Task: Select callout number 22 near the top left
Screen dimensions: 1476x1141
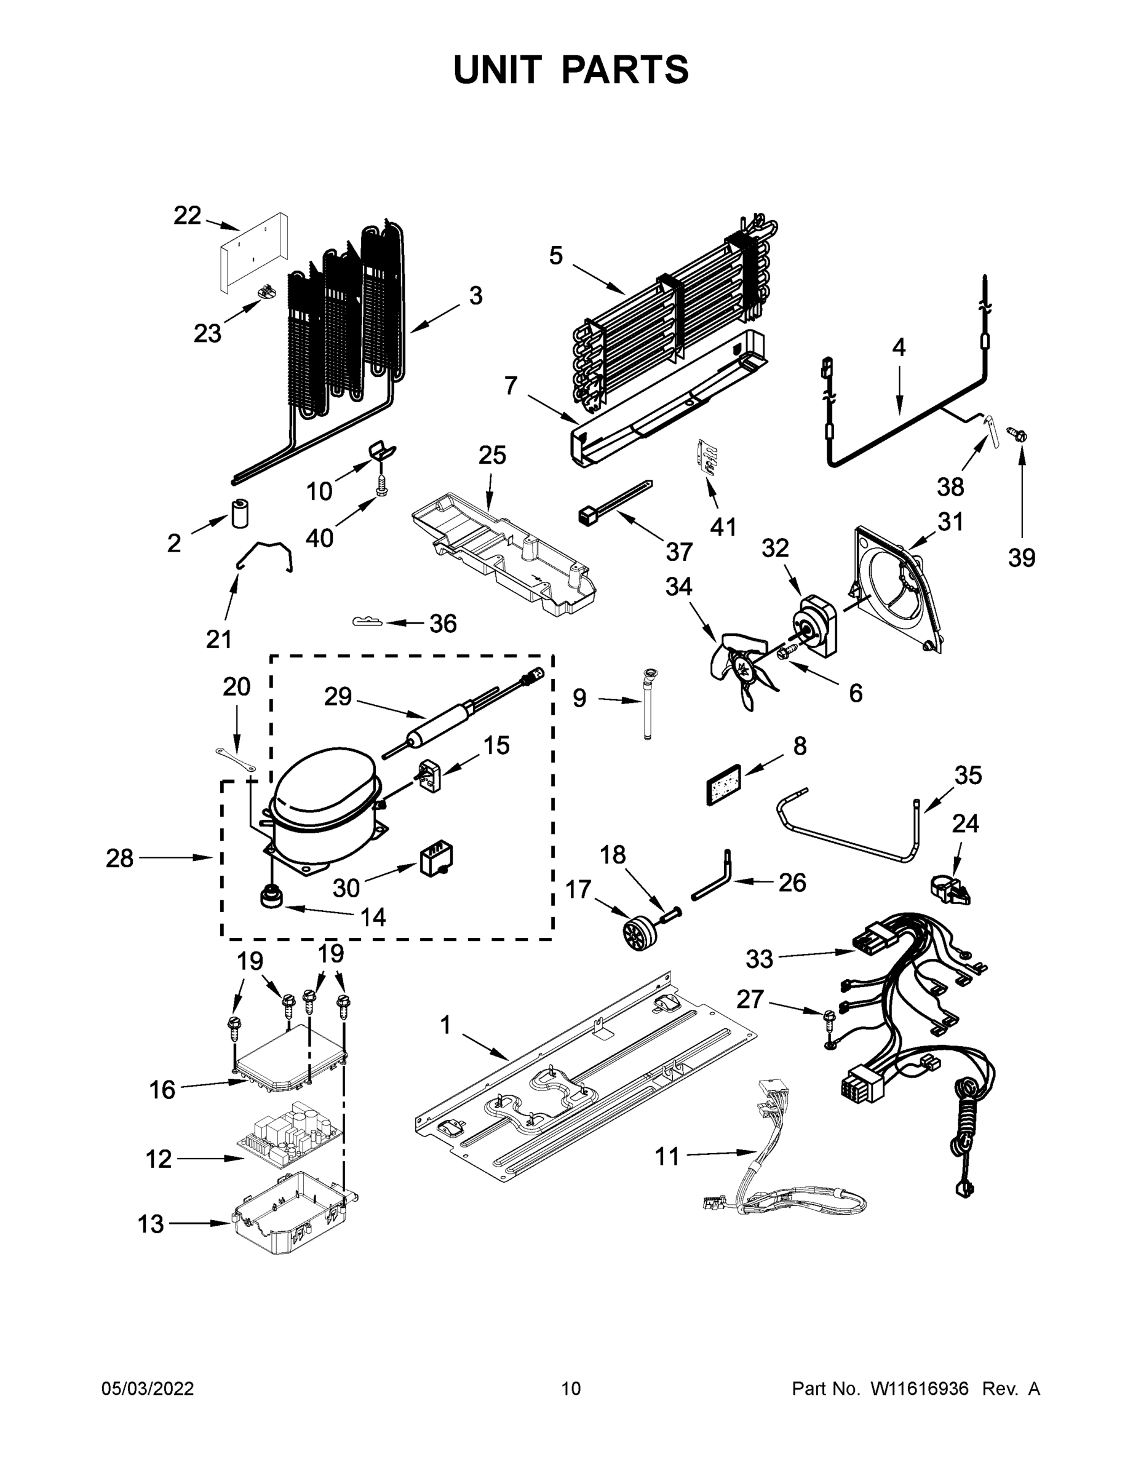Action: click(187, 216)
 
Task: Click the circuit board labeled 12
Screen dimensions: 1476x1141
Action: click(288, 1136)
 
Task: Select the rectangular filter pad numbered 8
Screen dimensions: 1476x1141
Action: click(723, 785)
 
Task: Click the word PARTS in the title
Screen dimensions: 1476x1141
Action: click(626, 69)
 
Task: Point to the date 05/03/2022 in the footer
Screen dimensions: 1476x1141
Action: click(148, 1388)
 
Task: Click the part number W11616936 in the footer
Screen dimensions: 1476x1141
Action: click(920, 1388)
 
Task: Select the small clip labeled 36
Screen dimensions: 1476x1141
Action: click(367, 621)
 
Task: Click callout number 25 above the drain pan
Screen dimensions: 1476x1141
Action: click(492, 456)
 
